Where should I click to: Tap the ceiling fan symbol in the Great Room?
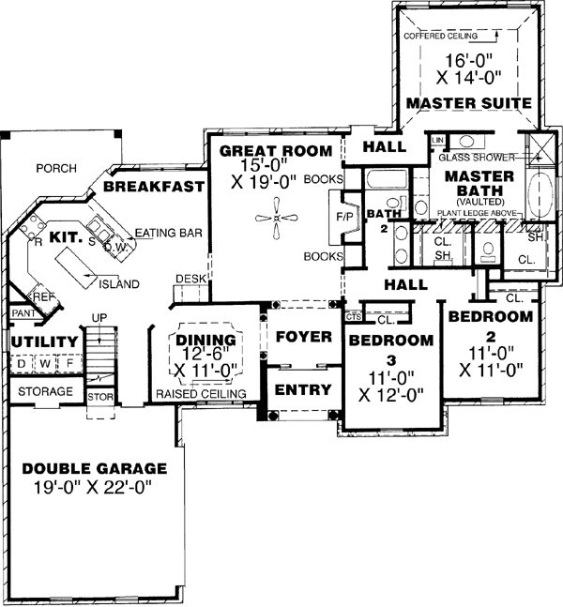coord(277,218)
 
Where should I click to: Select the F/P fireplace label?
coord(343,214)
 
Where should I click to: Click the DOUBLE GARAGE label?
coord(95,468)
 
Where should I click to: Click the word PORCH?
coord(55,169)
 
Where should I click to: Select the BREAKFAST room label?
coord(154,187)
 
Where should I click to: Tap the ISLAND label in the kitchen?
coord(119,283)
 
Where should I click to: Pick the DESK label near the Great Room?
coord(190,279)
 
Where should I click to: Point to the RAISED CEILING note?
coord(201,394)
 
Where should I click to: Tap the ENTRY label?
coord(300,389)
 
